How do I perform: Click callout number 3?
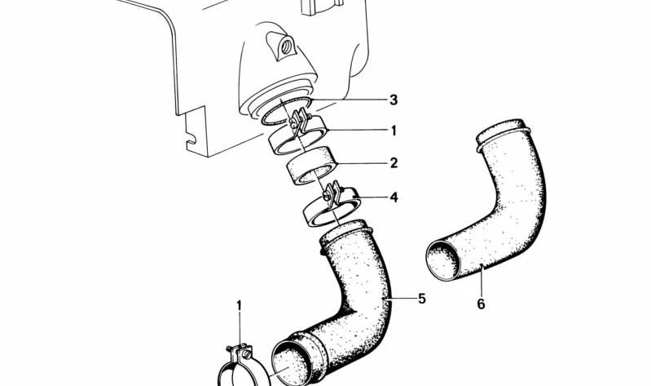pyautogui.click(x=393, y=100)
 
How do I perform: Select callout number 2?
pyautogui.click(x=394, y=162)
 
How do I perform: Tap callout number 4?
pyautogui.click(x=394, y=197)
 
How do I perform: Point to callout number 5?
pyautogui.click(x=422, y=298)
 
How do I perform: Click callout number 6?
pyautogui.click(x=481, y=304)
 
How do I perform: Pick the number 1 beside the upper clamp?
pyautogui.click(x=394, y=131)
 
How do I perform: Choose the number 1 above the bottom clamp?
pyautogui.click(x=239, y=306)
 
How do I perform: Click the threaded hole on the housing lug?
pyautogui.click(x=286, y=47)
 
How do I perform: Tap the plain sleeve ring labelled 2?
pyautogui.click(x=312, y=166)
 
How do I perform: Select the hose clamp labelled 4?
pyautogui.click(x=331, y=206)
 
